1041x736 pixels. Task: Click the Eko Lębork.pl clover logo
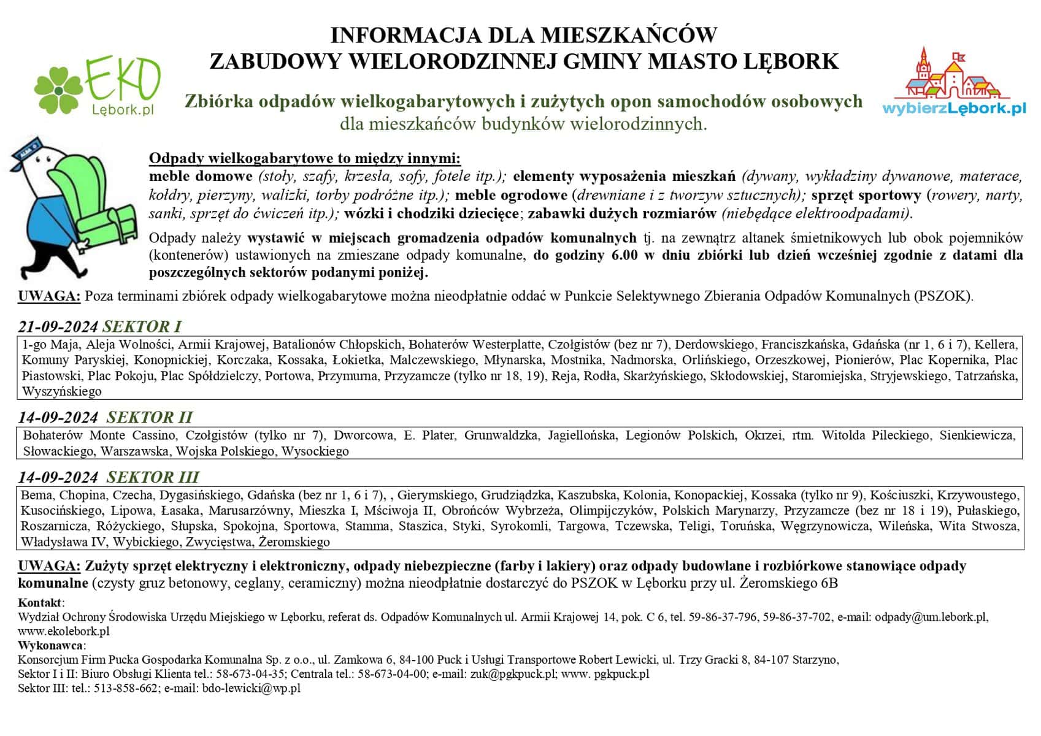(97, 86)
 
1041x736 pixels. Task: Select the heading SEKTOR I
(142, 326)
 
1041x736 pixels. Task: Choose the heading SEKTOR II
(149, 418)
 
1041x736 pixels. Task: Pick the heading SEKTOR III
(152, 477)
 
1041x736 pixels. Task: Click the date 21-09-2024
(58, 326)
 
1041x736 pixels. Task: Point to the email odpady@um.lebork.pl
(931, 617)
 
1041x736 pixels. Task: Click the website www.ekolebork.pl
(64, 631)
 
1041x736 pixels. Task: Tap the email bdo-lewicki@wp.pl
(251, 688)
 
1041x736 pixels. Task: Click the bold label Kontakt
(40, 603)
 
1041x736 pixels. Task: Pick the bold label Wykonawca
(51, 645)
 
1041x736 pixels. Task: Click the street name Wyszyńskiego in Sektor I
(62, 391)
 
